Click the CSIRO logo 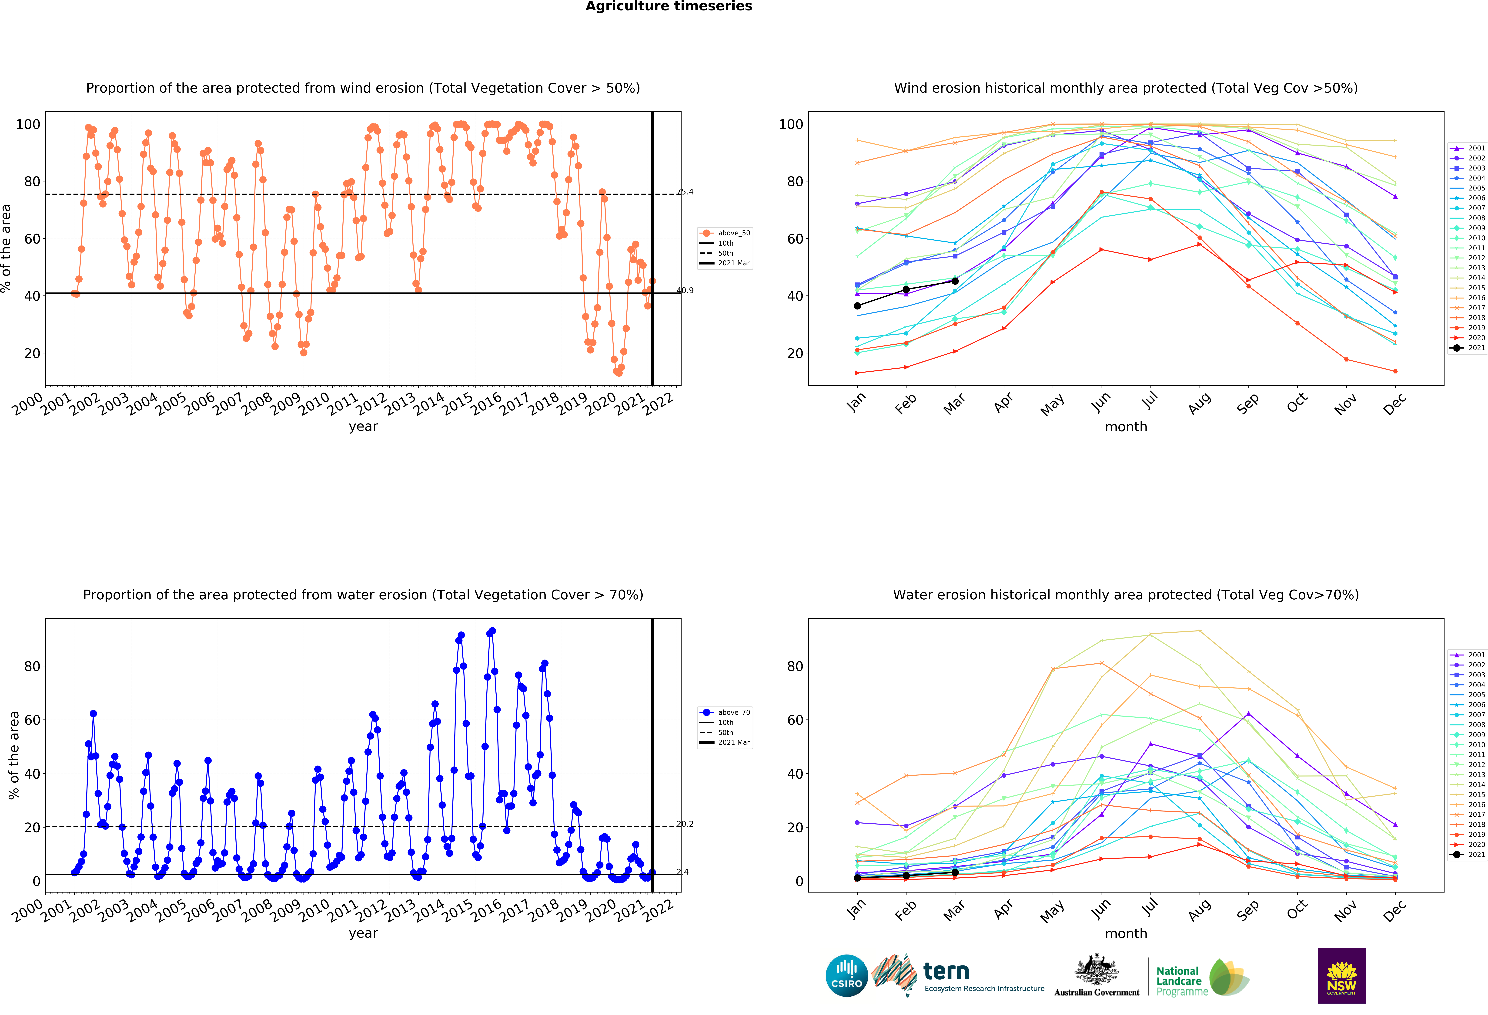(x=846, y=976)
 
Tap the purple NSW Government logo (x=1341, y=975)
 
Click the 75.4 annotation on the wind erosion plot (x=685, y=192)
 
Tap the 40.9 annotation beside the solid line (x=685, y=290)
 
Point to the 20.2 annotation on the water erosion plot (x=685, y=824)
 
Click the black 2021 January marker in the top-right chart (x=857, y=306)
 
